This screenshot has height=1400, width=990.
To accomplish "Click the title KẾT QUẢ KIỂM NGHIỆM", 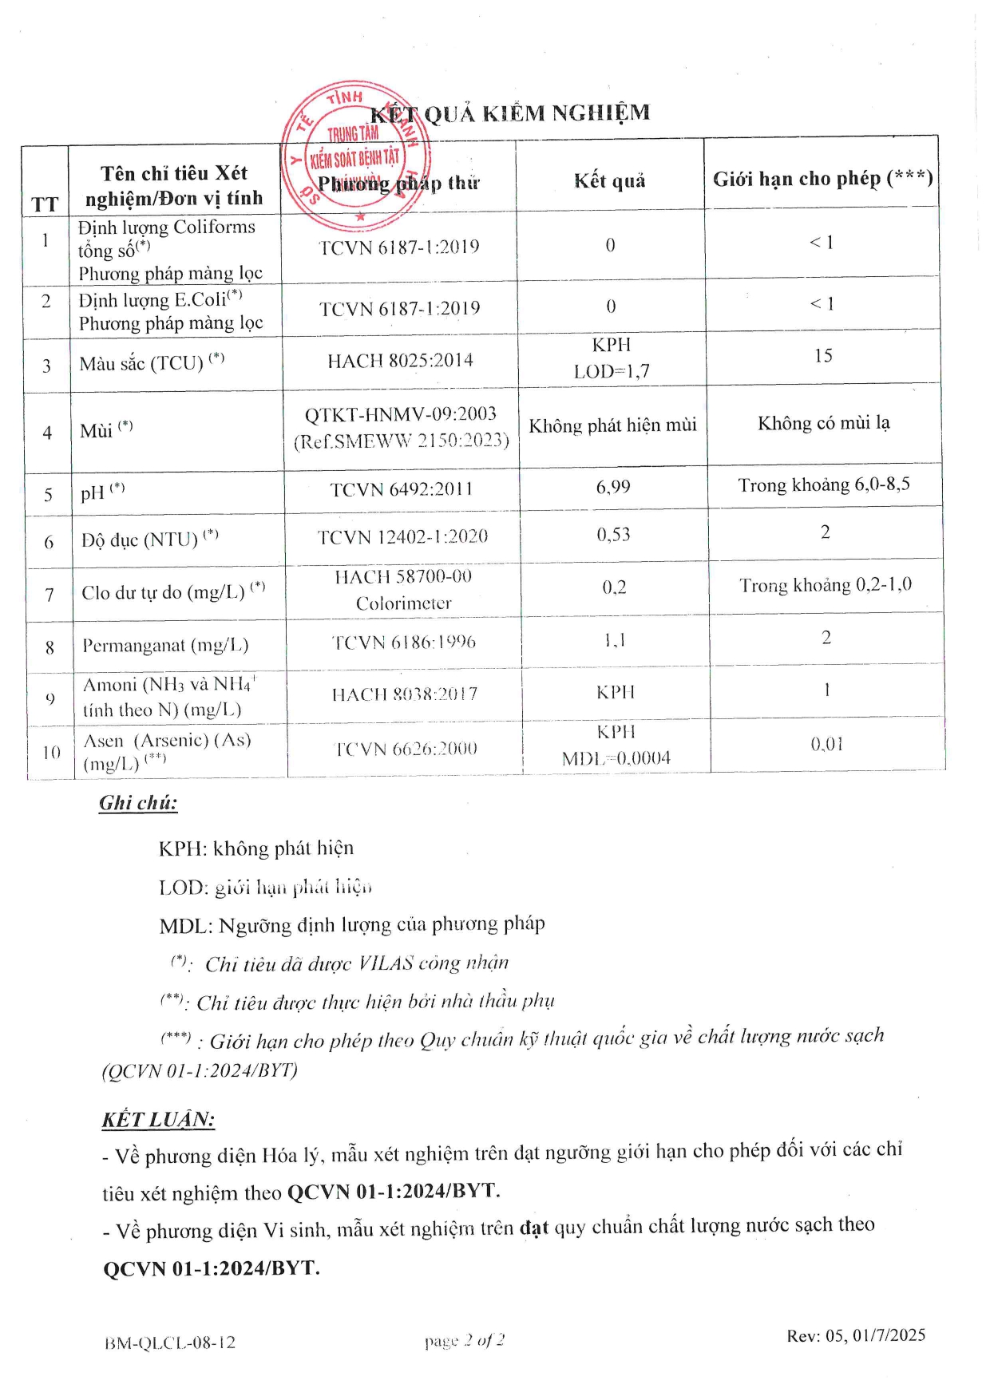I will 510,113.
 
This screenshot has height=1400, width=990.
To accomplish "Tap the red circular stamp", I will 355,152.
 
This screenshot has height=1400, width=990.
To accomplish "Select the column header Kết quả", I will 609,181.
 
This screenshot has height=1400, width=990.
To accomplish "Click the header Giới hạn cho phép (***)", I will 822,178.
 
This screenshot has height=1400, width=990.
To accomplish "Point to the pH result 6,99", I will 613,487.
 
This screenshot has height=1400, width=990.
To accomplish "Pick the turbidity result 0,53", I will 613,535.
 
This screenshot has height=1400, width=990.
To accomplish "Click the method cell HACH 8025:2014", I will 400,361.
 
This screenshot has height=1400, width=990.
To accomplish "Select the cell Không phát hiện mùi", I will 612,425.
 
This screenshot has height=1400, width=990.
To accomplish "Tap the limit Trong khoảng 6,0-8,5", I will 824,484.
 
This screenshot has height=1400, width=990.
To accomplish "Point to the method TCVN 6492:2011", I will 402,488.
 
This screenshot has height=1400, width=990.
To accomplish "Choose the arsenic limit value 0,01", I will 827,744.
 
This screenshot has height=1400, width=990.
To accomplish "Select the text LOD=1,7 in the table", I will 612,371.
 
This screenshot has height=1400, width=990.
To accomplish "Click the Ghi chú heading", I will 138,803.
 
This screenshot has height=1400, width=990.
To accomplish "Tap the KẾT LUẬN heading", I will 158,1119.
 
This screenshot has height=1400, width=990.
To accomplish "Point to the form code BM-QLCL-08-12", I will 170,1343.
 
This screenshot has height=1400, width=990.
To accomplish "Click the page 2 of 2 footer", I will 465,1340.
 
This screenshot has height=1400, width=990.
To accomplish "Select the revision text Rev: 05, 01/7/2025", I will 856,1335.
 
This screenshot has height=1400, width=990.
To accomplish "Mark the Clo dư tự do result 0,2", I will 614,587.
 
